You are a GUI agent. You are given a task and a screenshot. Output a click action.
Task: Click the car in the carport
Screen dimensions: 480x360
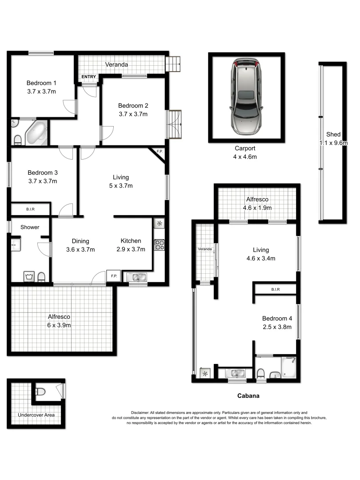pyautogui.click(x=246, y=97)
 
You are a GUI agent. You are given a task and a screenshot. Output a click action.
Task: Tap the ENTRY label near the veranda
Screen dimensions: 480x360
pyautogui.click(x=89, y=77)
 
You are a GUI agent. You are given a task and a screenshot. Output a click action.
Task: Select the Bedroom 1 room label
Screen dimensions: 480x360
pyautogui.click(x=41, y=83)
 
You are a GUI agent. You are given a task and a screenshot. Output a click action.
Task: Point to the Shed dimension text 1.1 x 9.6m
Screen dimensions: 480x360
pyautogui.click(x=333, y=143)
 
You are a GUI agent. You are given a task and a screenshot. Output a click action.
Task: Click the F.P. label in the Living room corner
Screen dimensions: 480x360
pyautogui.click(x=160, y=152)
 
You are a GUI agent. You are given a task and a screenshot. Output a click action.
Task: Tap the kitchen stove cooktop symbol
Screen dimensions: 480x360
pyautogui.click(x=159, y=244)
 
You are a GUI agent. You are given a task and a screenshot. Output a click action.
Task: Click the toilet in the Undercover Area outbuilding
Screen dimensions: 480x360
pyautogui.click(x=41, y=392)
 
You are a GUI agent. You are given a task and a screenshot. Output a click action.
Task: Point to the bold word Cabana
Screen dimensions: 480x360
pyautogui.click(x=248, y=395)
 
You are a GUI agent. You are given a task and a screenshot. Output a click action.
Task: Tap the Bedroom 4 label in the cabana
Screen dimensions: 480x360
pyautogui.click(x=276, y=318)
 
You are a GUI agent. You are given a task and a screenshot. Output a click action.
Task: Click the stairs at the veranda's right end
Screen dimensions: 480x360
pyautogui.click(x=173, y=64)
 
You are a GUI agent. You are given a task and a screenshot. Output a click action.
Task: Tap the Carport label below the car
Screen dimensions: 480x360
pyautogui.click(x=245, y=148)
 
